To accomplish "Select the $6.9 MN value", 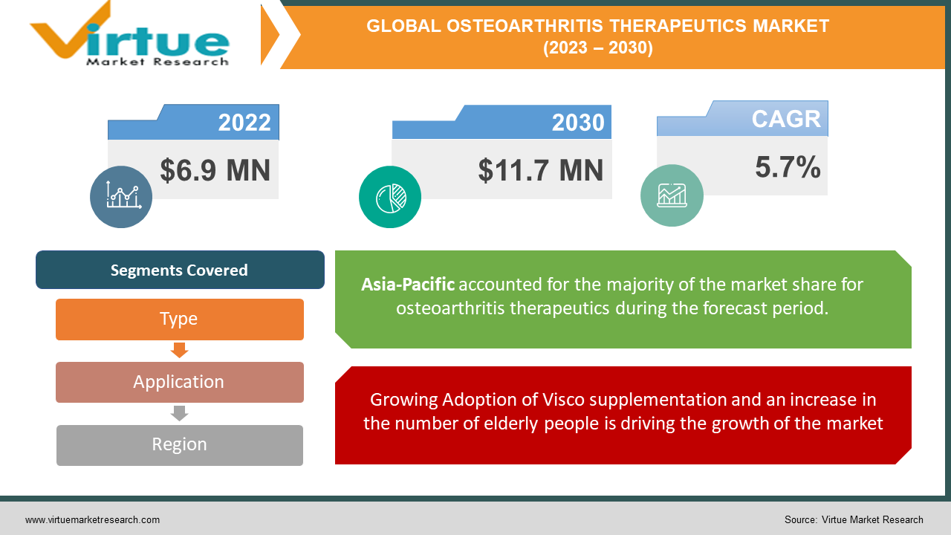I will [215, 170].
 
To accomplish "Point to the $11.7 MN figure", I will [540, 170].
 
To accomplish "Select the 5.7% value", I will [788, 167].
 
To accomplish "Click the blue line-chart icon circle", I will [121, 197].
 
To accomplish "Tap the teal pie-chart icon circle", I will [390, 197].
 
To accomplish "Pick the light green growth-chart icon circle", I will [672, 195].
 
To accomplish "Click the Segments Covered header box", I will [180, 270].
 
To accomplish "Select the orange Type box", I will [180, 319].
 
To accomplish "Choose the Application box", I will [180, 382].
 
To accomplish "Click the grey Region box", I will [180, 445].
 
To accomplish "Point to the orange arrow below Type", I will [180, 350].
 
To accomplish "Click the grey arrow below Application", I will [180, 413].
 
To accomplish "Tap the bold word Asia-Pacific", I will [408, 285].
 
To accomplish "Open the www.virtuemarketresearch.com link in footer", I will [92, 520].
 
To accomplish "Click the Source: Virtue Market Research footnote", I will [854, 520].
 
